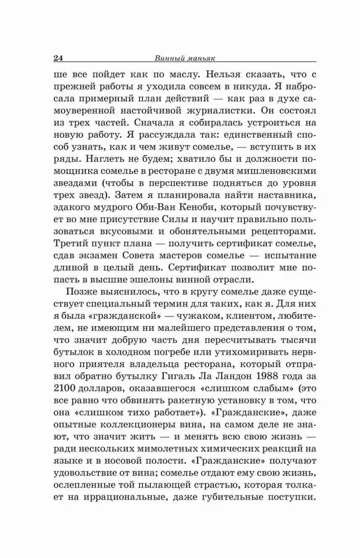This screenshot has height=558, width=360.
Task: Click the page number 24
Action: tap(60, 57)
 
